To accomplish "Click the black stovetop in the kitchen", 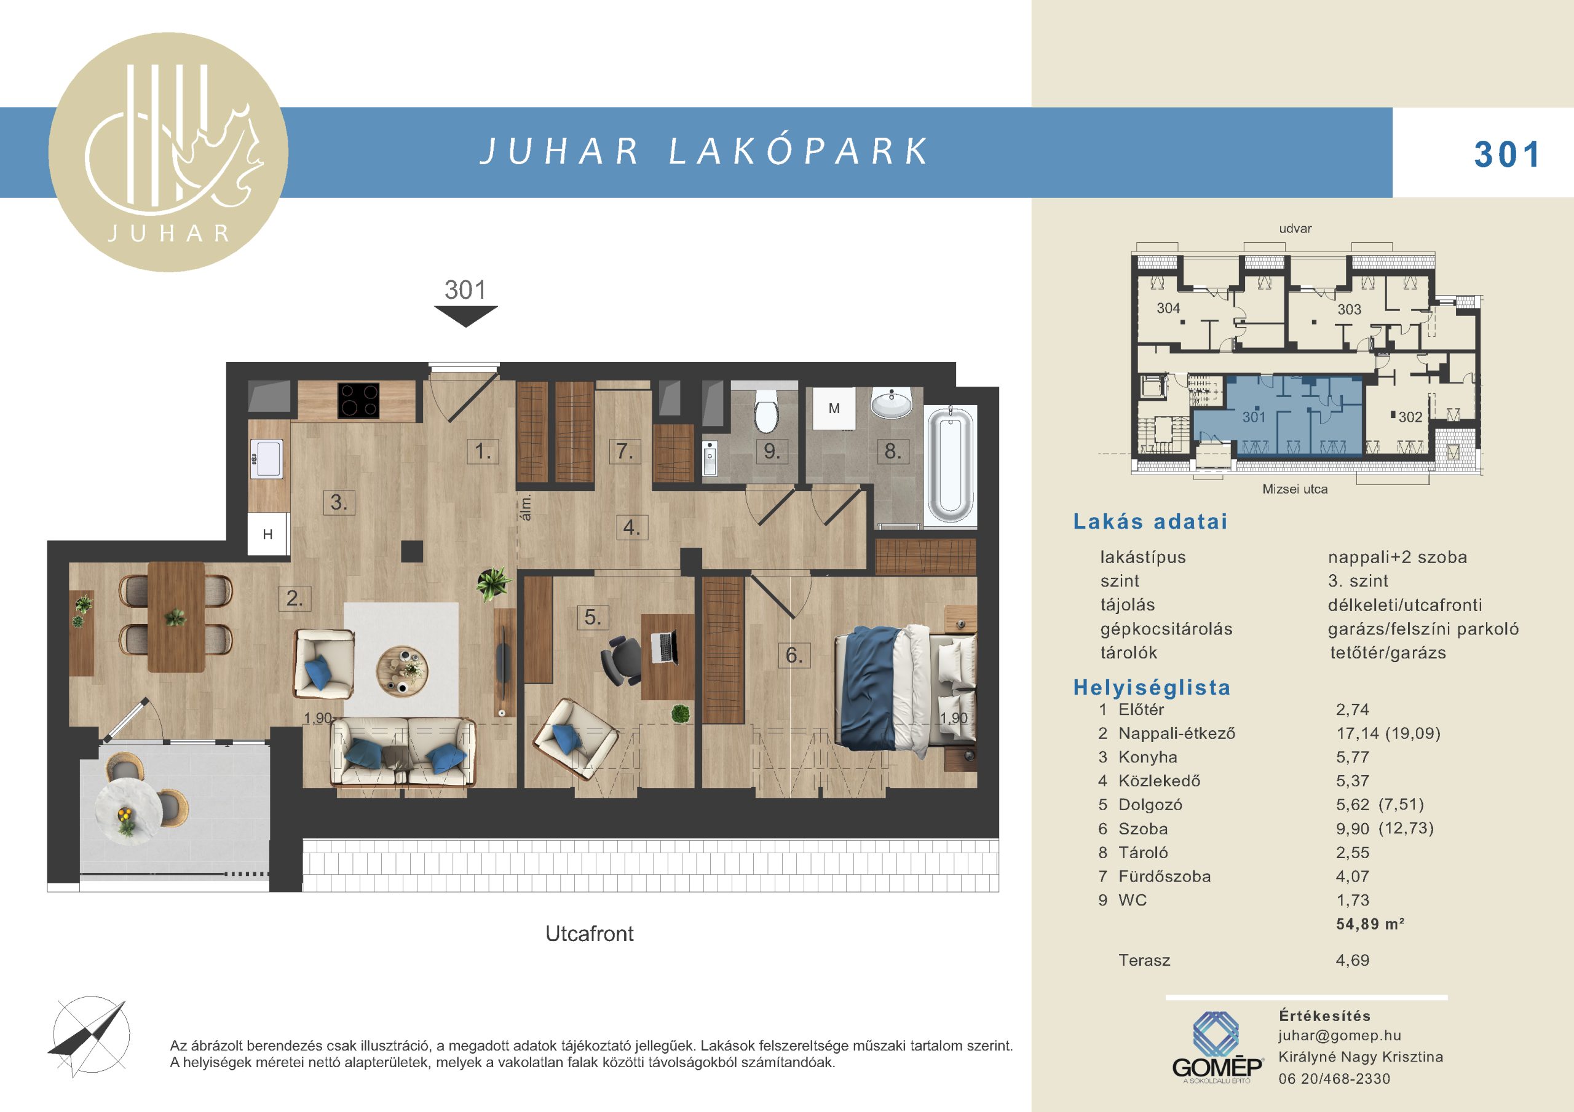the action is coord(358,400).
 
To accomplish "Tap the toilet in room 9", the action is coord(765,409).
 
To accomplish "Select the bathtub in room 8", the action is coord(949,465).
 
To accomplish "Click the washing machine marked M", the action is coord(834,409).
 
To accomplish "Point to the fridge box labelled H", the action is coord(268,534).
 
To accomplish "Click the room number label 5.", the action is coord(592,617).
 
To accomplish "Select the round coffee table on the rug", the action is coord(401,670).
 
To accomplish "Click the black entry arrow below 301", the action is coord(466,316).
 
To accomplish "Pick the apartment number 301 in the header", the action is coord(1507,155).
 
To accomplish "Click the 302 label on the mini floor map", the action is coord(1410,417).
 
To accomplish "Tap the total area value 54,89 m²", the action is coord(1370,924).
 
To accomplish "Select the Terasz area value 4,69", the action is coord(1353,961).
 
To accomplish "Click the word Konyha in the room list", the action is coord(1147,757).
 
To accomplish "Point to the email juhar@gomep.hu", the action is coord(1340,1036).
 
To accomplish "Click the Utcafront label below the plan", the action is coord(590,934).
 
